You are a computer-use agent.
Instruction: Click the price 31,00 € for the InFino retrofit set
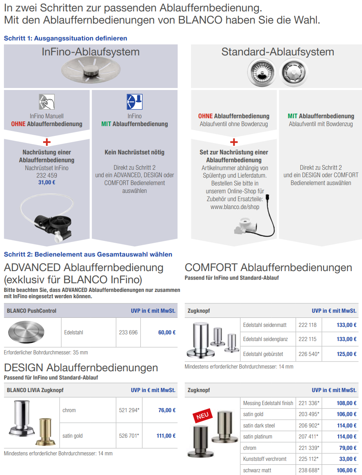coord(47,183)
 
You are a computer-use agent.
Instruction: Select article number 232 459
coord(47,175)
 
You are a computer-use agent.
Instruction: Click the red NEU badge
coord(202,415)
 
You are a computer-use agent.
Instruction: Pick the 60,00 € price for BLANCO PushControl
coord(167,332)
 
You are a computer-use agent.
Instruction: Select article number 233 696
coord(128,332)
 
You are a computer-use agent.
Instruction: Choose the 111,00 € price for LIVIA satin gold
coord(166,436)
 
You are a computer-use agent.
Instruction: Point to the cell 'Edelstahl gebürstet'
coord(263,354)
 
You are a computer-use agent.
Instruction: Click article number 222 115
coord(307,339)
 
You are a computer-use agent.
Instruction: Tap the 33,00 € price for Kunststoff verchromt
coord(347,459)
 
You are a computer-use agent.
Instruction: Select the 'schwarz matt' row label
coord(257,470)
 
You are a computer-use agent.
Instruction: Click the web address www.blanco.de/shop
coord(235,207)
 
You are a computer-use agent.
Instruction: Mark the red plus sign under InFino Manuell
coord(47,142)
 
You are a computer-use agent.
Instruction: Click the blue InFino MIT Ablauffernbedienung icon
coord(135,102)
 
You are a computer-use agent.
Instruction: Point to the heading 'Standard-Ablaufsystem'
coord(278,52)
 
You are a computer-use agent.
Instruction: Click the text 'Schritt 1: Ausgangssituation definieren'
coord(65,39)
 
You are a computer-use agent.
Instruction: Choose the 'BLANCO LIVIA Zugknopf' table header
coord(35,390)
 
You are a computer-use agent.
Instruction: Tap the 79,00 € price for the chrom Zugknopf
coord(347,448)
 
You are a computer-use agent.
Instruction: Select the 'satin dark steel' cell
coord(259,425)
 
